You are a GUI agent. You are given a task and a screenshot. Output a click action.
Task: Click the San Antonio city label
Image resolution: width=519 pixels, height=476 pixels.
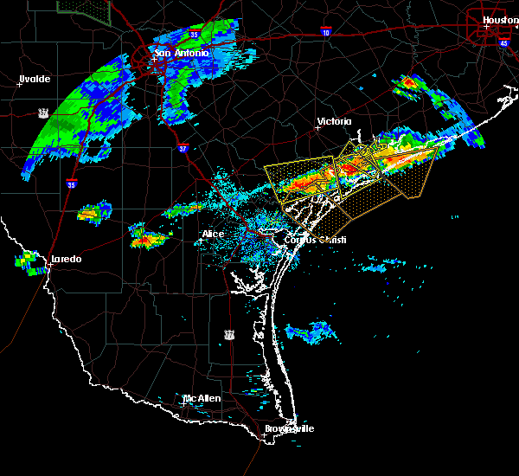181,53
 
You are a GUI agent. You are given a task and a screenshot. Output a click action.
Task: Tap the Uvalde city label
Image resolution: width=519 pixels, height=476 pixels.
35,79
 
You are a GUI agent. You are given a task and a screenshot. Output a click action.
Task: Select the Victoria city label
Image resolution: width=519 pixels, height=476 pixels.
335,121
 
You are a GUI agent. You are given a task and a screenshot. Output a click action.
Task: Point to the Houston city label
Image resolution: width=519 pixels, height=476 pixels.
499,19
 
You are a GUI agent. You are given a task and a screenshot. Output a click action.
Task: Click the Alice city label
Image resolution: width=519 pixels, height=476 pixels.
213,234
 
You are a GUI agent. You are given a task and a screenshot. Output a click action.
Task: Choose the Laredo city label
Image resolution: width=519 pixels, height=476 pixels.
65,259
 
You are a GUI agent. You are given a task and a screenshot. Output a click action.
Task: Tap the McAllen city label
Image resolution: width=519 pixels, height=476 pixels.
201,398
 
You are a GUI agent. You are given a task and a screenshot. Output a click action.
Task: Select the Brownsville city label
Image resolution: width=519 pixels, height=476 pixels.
289,428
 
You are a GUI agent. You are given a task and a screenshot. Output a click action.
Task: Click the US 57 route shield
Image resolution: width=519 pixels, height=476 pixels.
42,113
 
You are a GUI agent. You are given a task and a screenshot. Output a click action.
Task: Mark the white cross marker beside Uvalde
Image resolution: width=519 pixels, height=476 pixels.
20,85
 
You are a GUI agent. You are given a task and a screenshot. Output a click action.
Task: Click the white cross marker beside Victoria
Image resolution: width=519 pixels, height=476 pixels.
317,127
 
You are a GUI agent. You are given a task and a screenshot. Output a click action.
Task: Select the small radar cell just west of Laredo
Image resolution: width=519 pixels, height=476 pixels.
29,261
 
